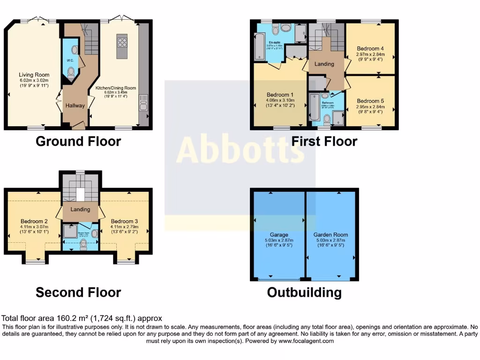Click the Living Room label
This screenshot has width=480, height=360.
coord(34,75)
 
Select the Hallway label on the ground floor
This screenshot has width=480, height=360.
coord(75,105)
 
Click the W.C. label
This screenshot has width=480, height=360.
coord(69,60)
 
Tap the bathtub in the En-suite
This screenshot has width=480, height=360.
coord(258,46)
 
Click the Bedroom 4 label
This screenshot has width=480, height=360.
coord(370,48)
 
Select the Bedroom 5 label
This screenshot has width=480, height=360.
coord(370,101)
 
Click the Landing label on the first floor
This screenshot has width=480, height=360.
coord(324,64)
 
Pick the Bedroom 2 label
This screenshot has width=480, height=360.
coord(35,221)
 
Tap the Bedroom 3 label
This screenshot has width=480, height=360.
coord(125,221)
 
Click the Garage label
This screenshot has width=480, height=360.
coord(278,235)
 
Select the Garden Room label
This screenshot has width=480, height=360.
coord(331,235)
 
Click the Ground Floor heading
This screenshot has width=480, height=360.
coord(78,141)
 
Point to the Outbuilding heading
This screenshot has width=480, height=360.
coord(304,293)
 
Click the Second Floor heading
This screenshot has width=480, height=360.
coord(78,293)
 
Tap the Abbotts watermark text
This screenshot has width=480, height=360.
coord(240,150)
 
